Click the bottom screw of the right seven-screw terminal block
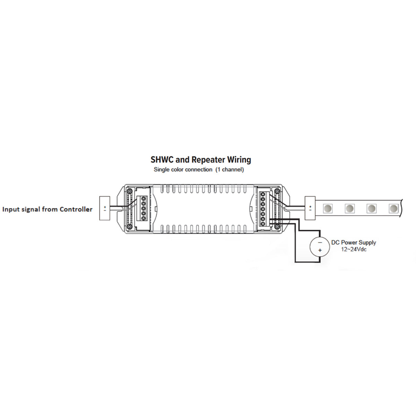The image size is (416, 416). tap(263, 224)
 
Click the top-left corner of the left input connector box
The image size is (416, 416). tap(99, 197)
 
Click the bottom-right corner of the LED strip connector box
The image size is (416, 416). tap(315, 220)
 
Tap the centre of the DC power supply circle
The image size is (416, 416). tap(320, 246)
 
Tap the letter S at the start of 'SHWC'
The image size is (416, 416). tap(153, 160)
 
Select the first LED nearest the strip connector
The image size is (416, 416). tap(328, 209)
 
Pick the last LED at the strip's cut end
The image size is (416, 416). tap(393, 209)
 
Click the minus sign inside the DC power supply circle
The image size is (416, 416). tap(320, 243)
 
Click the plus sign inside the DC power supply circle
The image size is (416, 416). tap(320, 250)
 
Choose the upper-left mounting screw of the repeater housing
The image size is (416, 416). tap(130, 191)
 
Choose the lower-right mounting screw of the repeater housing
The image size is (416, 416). tap(277, 226)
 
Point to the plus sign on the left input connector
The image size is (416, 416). tap(105, 207)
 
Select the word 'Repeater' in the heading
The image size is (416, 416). tap(209, 160)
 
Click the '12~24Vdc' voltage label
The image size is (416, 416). tap(354, 250)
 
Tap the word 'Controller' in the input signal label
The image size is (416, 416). tap(76, 209)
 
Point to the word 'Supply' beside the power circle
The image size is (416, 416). tap(367, 243)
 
